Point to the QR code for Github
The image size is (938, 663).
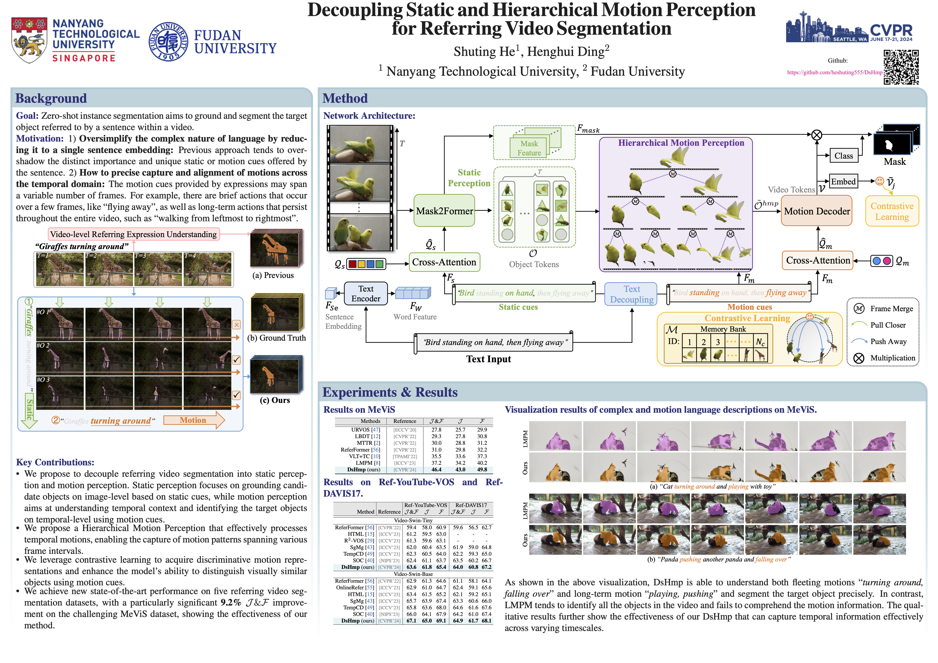[x=901, y=67]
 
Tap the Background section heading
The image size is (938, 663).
[x=51, y=98]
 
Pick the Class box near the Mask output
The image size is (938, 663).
[x=843, y=156]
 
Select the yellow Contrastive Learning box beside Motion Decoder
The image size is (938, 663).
[x=892, y=211]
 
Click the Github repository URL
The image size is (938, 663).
[x=834, y=72]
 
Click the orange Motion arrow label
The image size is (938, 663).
[x=193, y=420]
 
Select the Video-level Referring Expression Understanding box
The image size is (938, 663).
[x=134, y=234]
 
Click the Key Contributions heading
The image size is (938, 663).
[x=55, y=462]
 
